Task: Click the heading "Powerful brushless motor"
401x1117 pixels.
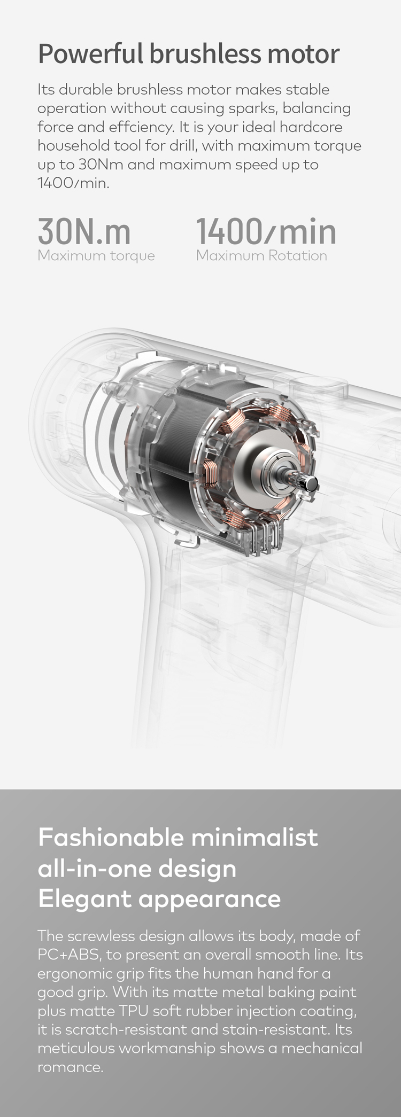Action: [189, 54]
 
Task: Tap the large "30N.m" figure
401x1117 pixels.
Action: [84, 231]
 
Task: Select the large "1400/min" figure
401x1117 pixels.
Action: [266, 231]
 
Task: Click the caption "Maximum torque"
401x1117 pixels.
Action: [96, 256]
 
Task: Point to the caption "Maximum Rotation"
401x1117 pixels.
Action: [261, 255]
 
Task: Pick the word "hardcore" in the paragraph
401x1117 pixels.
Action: [311, 127]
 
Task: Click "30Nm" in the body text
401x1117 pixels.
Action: [101, 165]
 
